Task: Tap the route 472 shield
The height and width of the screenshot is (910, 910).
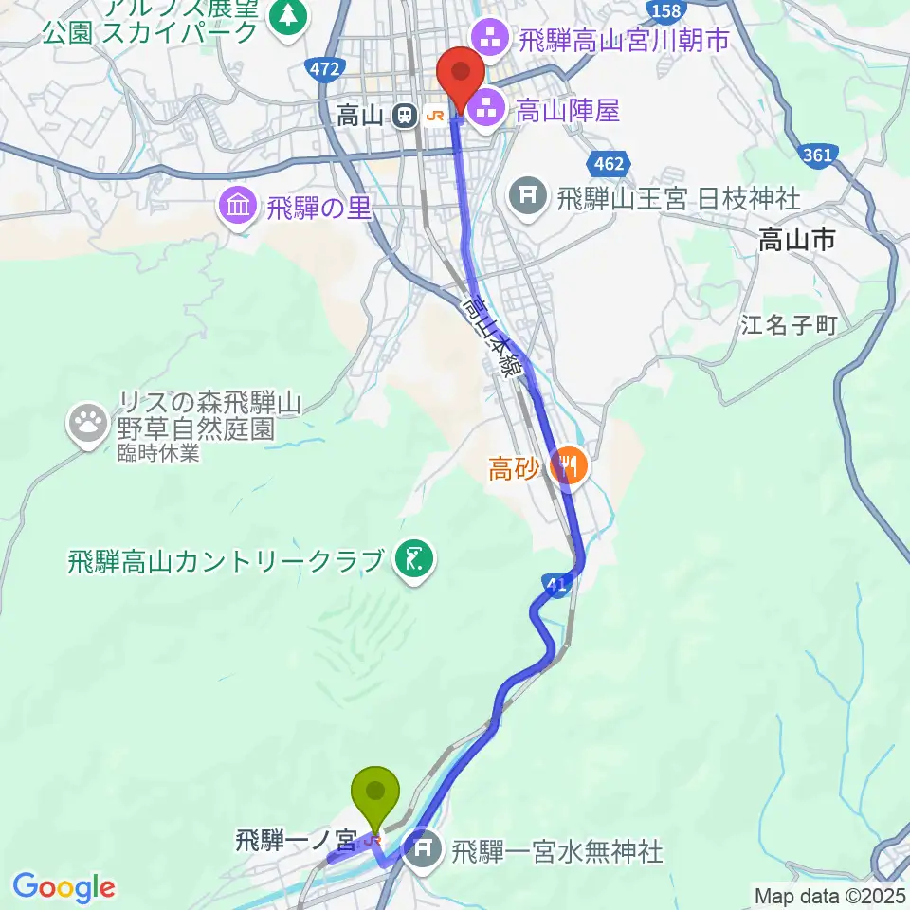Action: click(323, 68)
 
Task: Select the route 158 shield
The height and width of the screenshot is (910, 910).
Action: click(667, 10)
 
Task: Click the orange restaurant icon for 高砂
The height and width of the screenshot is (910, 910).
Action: click(569, 465)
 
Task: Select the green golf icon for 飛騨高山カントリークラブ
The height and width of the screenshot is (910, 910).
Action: click(413, 560)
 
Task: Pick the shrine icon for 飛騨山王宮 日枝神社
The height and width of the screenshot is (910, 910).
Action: click(527, 199)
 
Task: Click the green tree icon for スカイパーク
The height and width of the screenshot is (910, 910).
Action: click(284, 16)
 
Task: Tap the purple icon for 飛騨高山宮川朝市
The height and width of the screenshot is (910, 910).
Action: click(491, 39)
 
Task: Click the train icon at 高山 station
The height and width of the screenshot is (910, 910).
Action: click(405, 116)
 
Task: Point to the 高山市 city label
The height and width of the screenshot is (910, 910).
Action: click(796, 242)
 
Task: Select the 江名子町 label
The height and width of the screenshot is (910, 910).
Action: click(790, 326)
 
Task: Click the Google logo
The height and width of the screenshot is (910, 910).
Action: click(64, 887)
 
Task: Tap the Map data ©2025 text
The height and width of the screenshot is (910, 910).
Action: click(829, 895)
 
